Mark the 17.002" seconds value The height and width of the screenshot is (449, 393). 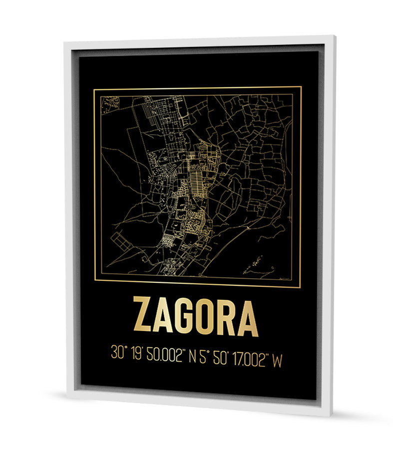point(250,358)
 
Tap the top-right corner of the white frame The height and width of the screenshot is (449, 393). point(333,36)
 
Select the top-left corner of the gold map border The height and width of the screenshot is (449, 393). point(94,89)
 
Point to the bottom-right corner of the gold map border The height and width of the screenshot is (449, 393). point(301,287)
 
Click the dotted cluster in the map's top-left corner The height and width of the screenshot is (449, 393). point(110,104)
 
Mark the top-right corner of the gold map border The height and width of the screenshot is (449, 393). point(301,87)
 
